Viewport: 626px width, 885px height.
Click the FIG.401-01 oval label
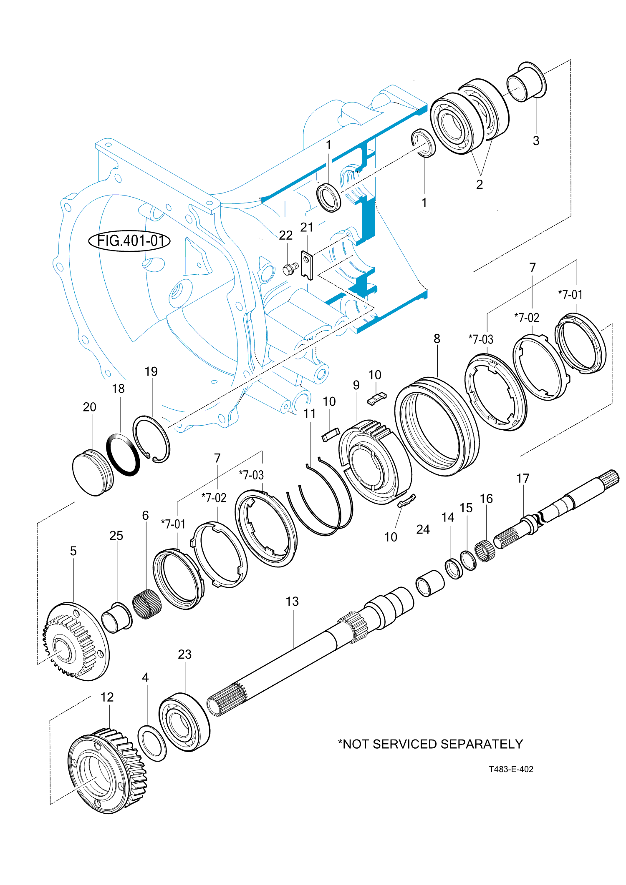(129, 241)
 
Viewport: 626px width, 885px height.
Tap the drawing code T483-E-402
(511, 769)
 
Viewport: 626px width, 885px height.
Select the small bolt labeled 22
(290, 268)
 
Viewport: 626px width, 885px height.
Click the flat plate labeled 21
(307, 265)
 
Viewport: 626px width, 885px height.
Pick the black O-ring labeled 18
(123, 454)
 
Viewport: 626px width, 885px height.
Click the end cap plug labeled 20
(93, 474)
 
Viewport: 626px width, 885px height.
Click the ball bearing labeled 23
(184, 722)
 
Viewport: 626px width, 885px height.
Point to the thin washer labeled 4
(152, 743)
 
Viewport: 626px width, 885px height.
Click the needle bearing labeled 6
(147, 604)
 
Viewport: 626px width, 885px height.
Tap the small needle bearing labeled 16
(486, 550)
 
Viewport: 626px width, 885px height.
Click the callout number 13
(292, 602)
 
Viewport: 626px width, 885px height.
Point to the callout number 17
(523, 478)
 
